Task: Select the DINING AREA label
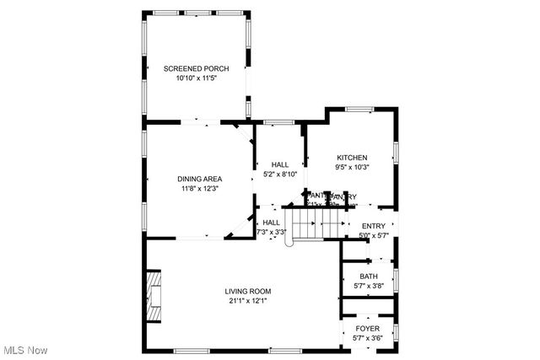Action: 199,179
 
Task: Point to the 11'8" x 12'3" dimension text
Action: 199,189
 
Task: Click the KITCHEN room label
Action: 352,158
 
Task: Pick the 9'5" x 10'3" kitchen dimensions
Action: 352,168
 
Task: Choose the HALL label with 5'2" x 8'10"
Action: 280,164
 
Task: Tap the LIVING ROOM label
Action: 248,292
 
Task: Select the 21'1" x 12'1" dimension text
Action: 248,302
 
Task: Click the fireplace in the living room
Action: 154,296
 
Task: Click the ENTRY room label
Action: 373,226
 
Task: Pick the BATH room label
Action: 369,277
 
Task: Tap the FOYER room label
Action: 368,329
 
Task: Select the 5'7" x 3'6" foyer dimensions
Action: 368,338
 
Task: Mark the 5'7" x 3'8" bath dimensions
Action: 369,287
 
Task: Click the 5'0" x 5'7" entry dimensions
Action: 373,236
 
